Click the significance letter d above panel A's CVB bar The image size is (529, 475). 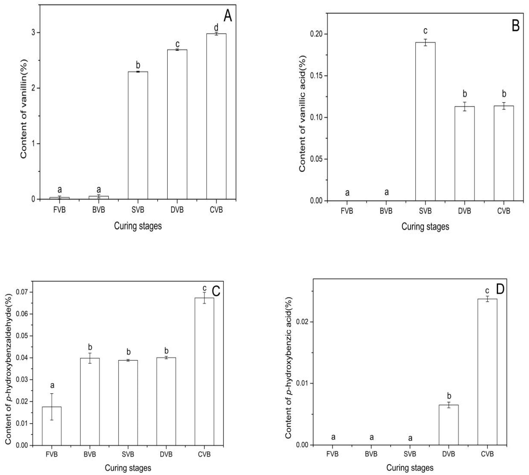coord(216,27)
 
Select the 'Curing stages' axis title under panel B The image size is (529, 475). coord(425,227)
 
